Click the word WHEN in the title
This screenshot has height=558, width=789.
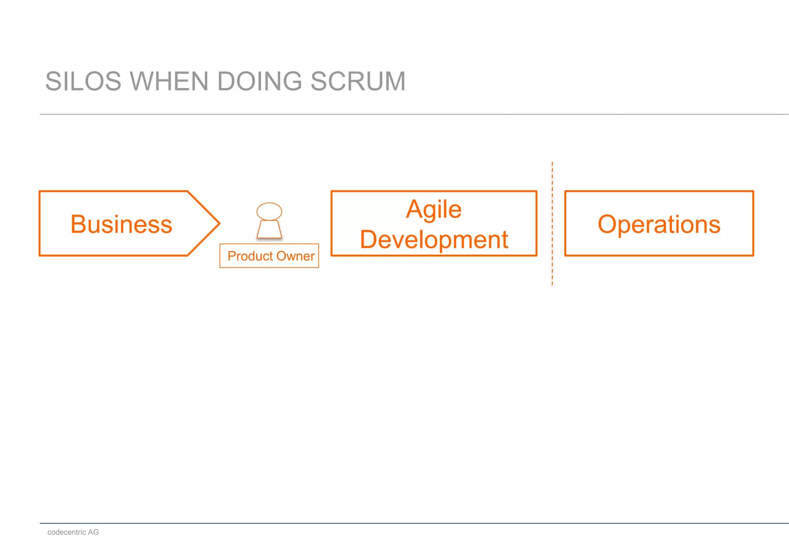click(x=169, y=82)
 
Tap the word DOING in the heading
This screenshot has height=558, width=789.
click(x=260, y=82)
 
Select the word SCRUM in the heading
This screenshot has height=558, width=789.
click(x=358, y=82)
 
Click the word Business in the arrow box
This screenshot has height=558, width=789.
click(x=121, y=224)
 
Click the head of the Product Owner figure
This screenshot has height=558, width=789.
click(x=269, y=211)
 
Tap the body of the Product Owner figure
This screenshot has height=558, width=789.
click(x=269, y=230)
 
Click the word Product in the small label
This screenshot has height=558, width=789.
click(x=250, y=256)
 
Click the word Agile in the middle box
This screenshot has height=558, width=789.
click(x=434, y=210)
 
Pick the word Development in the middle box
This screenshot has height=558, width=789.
click(x=434, y=240)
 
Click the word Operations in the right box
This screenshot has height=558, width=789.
click(x=659, y=224)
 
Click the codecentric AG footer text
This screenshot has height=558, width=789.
click(x=73, y=532)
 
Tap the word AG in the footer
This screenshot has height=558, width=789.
click(x=93, y=532)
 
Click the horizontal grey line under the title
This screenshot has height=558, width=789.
click(x=385, y=114)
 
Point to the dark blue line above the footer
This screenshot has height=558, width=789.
click(x=385, y=523)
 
